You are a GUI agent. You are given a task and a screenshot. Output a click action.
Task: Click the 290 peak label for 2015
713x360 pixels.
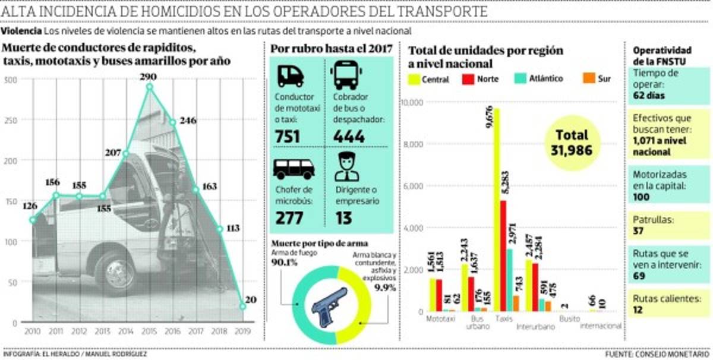(150, 77)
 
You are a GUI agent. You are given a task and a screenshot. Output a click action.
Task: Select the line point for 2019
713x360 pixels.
(242, 307)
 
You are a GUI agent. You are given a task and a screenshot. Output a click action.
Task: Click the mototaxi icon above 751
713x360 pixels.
(291, 76)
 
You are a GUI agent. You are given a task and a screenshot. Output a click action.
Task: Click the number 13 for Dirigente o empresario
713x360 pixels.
(343, 217)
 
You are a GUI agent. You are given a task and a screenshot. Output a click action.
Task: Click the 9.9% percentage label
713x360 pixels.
(384, 287)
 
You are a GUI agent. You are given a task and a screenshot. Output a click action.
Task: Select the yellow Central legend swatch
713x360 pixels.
(412, 78)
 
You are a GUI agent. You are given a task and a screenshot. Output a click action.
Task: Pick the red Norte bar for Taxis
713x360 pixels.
(503, 255)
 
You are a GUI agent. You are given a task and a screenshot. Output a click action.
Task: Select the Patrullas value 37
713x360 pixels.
(639, 230)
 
